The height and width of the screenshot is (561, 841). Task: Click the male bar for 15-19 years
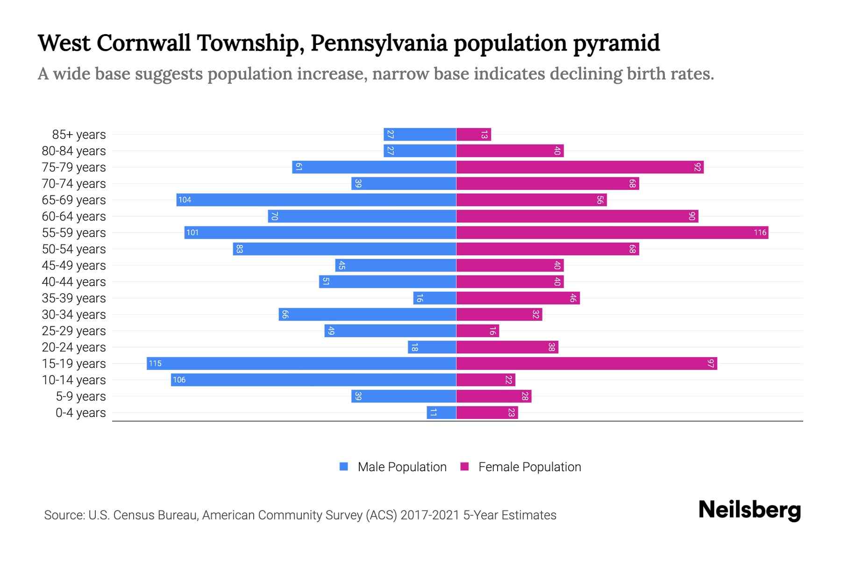point(301,363)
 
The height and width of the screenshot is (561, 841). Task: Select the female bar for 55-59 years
point(612,232)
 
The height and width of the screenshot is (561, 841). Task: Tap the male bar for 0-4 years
point(441,412)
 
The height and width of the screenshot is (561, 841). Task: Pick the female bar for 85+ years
point(473,134)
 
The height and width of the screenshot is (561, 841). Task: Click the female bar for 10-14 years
point(485,380)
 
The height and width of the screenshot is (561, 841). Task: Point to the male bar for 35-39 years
point(435,298)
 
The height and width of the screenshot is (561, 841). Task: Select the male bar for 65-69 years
point(316,200)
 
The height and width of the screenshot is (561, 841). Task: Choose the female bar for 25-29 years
point(478,331)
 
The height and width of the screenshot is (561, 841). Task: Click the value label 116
point(760,232)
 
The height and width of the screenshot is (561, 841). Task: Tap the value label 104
point(185,200)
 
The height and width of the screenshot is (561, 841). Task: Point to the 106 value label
point(179,380)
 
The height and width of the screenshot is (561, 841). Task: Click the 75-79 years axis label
point(74,167)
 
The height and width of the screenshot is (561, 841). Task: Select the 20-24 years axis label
point(74,347)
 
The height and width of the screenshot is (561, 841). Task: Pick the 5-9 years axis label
point(80,396)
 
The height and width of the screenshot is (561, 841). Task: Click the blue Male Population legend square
point(344,467)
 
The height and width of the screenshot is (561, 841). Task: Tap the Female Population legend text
point(529,467)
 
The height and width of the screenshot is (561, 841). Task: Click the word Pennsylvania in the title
point(378,43)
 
